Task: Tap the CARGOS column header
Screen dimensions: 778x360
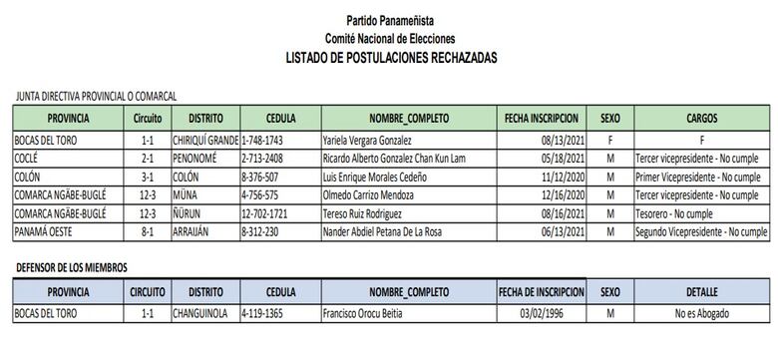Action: tap(702, 118)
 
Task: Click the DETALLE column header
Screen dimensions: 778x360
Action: tap(702, 292)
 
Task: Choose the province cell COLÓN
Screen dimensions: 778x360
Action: tap(29, 176)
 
